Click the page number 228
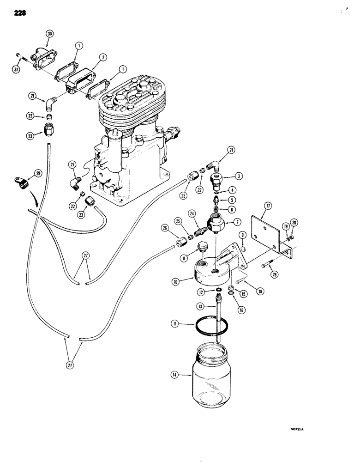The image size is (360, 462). (x=20, y=13)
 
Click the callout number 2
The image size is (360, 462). (x=103, y=57)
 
